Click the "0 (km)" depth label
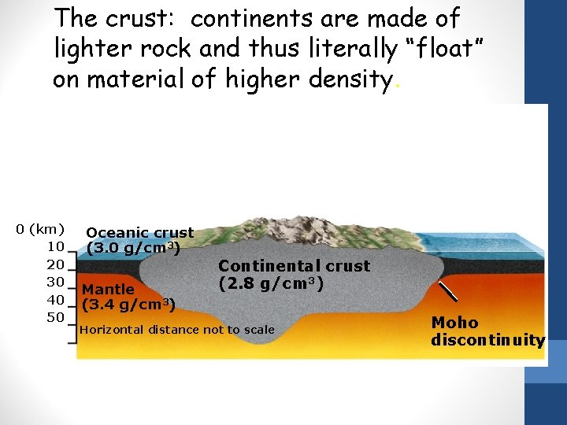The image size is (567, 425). [x=40, y=229]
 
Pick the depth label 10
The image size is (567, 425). [x=55, y=246]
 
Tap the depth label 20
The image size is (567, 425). [x=55, y=264]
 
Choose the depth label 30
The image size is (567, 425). [x=55, y=282]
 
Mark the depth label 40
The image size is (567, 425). [x=55, y=299]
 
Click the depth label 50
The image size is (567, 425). [x=55, y=317]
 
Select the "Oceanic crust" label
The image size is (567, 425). [x=139, y=232]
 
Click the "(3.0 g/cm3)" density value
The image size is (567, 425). [x=134, y=249]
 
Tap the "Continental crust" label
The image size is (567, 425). [x=294, y=266]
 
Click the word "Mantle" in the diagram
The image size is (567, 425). [x=109, y=289]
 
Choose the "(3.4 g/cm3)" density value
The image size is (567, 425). [x=128, y=304]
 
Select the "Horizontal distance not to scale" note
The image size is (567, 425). [x=177, y=330]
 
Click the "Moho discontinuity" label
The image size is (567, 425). [x=487, y=331]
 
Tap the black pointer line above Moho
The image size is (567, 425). [x=447, y=291]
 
